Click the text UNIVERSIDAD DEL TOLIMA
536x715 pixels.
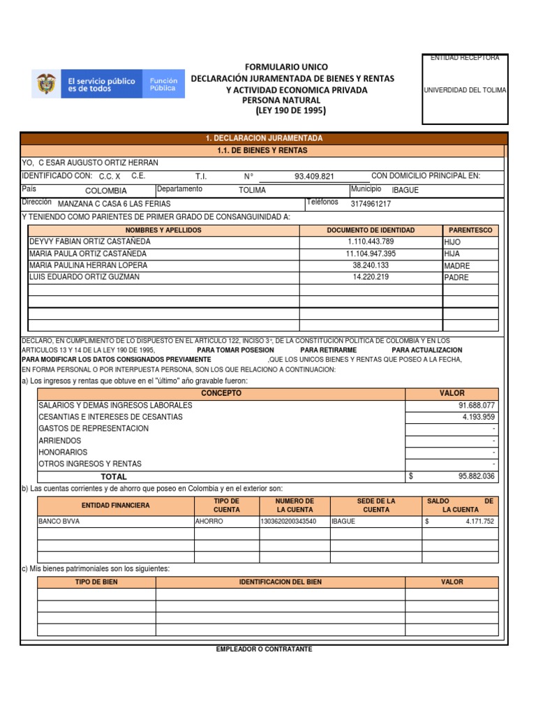(465, 90)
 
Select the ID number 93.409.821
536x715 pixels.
(314, 177)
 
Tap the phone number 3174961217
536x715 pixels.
(371, 205)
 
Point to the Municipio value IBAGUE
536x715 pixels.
(405, 190)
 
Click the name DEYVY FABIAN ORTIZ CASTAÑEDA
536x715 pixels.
(89, 242)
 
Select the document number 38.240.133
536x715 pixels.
(371, 266)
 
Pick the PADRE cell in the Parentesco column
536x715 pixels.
(456, 278)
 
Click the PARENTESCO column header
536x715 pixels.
(470, 230)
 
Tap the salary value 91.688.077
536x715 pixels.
(476, 406)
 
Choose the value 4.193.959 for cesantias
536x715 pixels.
(478, 418)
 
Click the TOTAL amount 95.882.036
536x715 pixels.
(476, 476)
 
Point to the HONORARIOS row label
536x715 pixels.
(63, 452)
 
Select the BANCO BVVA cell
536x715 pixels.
(60, 521)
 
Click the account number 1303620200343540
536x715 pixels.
(288, 521)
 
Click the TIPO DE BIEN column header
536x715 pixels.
(96, 582)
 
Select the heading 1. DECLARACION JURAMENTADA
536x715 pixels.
(264, 138)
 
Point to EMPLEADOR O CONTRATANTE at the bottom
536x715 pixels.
(264, 649)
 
